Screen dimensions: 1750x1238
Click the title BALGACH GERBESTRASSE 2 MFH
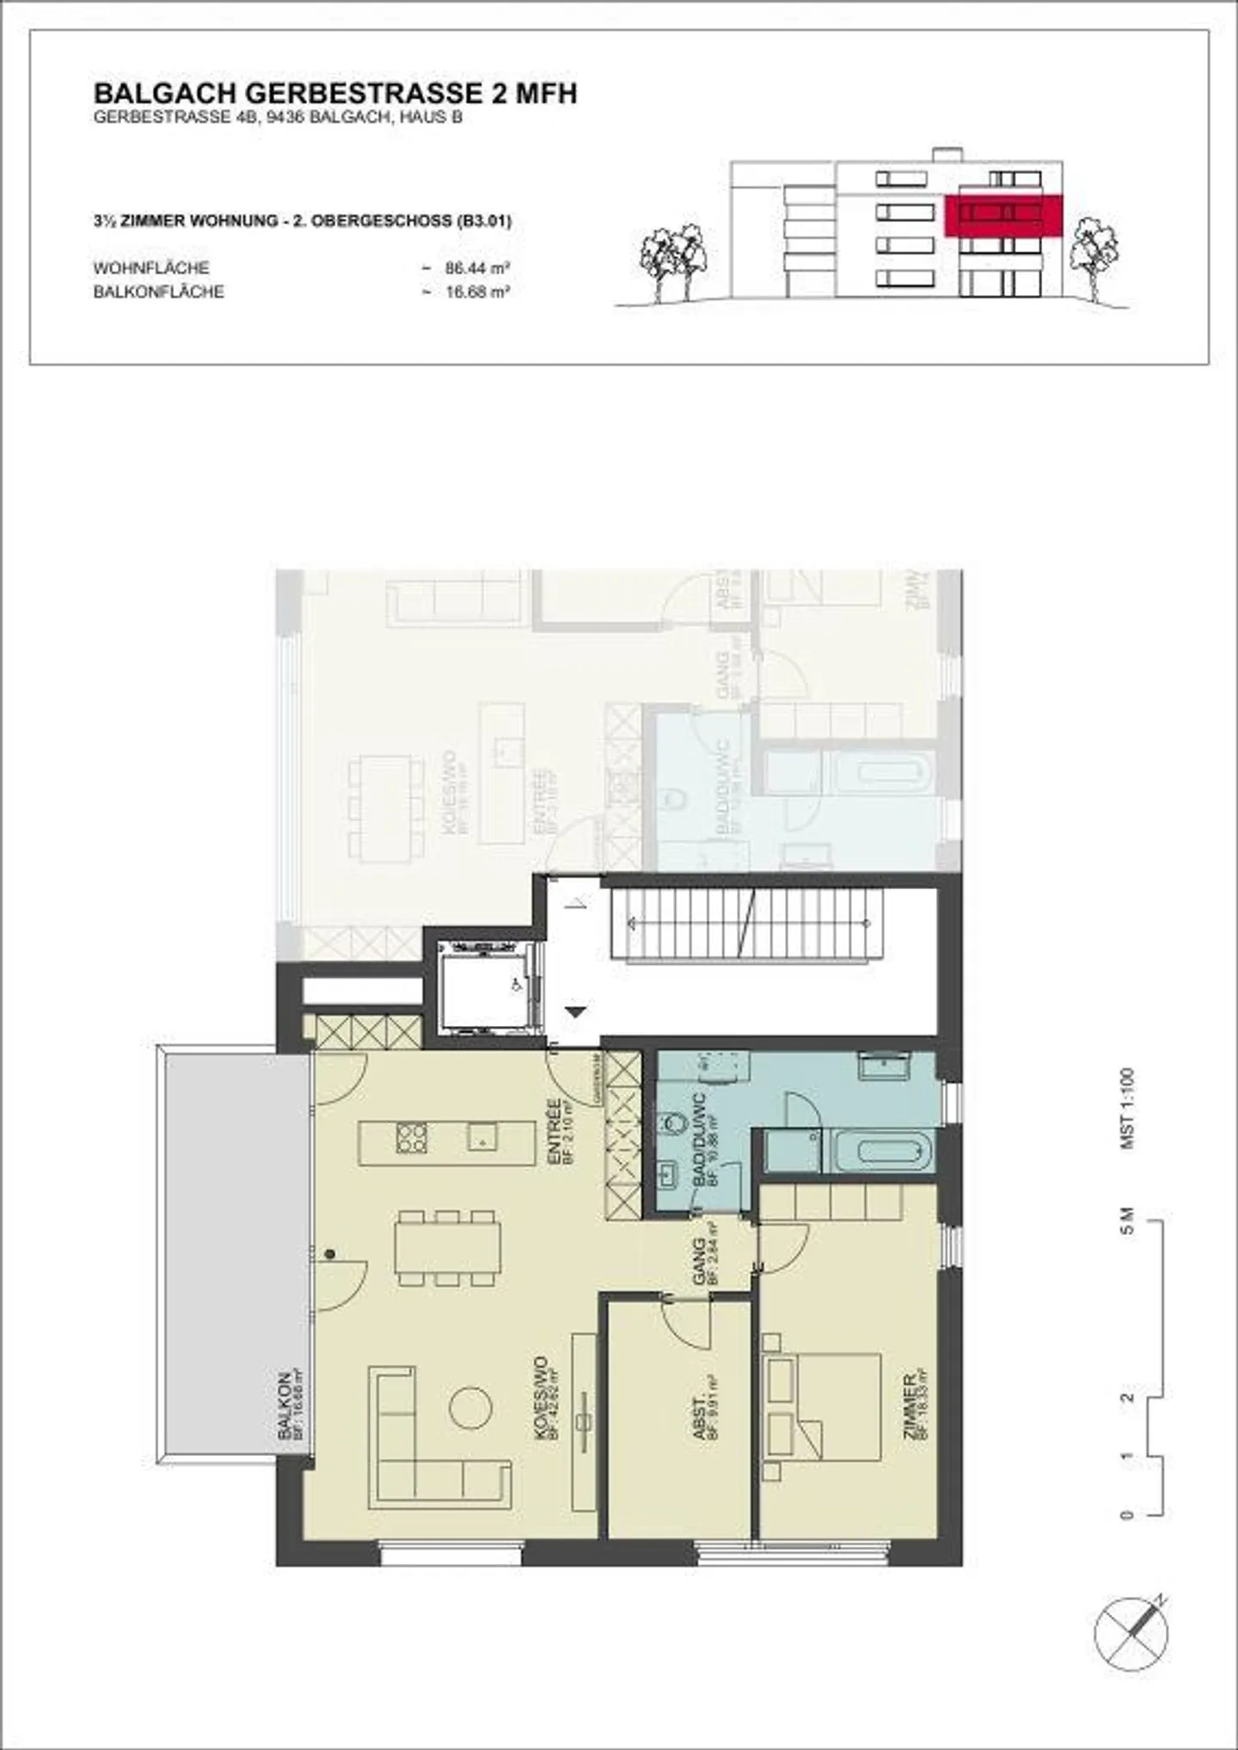pyautogui.click(x=334, y=93)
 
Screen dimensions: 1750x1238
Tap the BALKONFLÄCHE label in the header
pyautogui.click(x=158, y=292)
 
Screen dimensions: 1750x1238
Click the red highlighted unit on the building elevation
pyautogui.click(x=1003, y=214)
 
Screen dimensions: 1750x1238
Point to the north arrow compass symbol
pyautogui.click(x=1131, y=1632)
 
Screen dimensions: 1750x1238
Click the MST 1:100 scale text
pyautogui.click(x=1127, y=1108)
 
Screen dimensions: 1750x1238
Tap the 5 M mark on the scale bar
pyautogui.click(x=1127, y=1221)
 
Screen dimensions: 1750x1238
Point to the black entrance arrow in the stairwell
pyautogui.click(x=575, y=1011)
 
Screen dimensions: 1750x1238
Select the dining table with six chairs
pyautogui.click(x=447, y=1248)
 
